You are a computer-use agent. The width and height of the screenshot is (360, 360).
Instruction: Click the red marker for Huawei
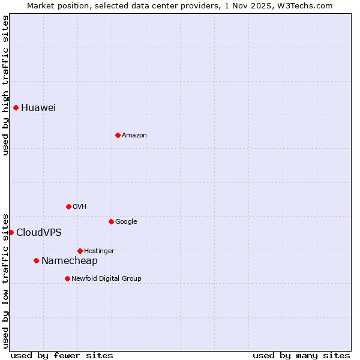pyautogui.click(x=16, y=107)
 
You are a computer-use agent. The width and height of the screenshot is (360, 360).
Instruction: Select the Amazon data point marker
pyautogui.click(x=118, y=135)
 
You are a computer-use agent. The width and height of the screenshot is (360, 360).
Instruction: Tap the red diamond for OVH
pyautogui.click(x=68, y=206)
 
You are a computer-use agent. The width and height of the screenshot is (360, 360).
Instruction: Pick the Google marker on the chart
pyautogui.click(x=111, y=221)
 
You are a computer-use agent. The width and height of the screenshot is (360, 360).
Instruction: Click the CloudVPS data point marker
pyautogui.click(x=11, y=232)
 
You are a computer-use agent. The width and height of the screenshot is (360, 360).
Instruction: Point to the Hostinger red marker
pyautogui.click(x=80, y=251)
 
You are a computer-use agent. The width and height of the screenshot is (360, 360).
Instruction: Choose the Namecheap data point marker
pyautogui.click(x=36, y=260)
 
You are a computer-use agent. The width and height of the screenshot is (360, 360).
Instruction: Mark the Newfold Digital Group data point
pyautogui.click(x=67, y=278)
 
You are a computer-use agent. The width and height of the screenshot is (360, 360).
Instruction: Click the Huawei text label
pyautogui.click(x=38, y=108)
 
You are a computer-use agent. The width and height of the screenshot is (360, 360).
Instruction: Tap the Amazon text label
pyautogui.click(x=134, y=136)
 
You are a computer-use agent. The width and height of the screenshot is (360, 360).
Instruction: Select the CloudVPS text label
pyautogui.click(x=39, y=233)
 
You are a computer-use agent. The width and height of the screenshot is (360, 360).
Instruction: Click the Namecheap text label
pyautogui.click(x=70, y=261)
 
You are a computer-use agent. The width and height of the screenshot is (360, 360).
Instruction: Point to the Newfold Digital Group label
pyautogui.click(x=107, y=278)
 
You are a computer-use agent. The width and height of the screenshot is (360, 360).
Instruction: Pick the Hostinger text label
pyautogui.click(x=99, y=251)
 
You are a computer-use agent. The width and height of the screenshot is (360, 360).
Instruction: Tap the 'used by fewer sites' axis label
pyautogui.click(x=62, y=355)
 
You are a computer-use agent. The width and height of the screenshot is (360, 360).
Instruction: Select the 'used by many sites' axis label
pyautogui.click(x=301, y=355)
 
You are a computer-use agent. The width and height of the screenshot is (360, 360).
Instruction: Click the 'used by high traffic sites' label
pyautogui.click(x=6, y=85)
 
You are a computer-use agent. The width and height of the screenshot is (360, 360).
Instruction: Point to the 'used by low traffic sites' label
pyautogui.click(x=6, y=281)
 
